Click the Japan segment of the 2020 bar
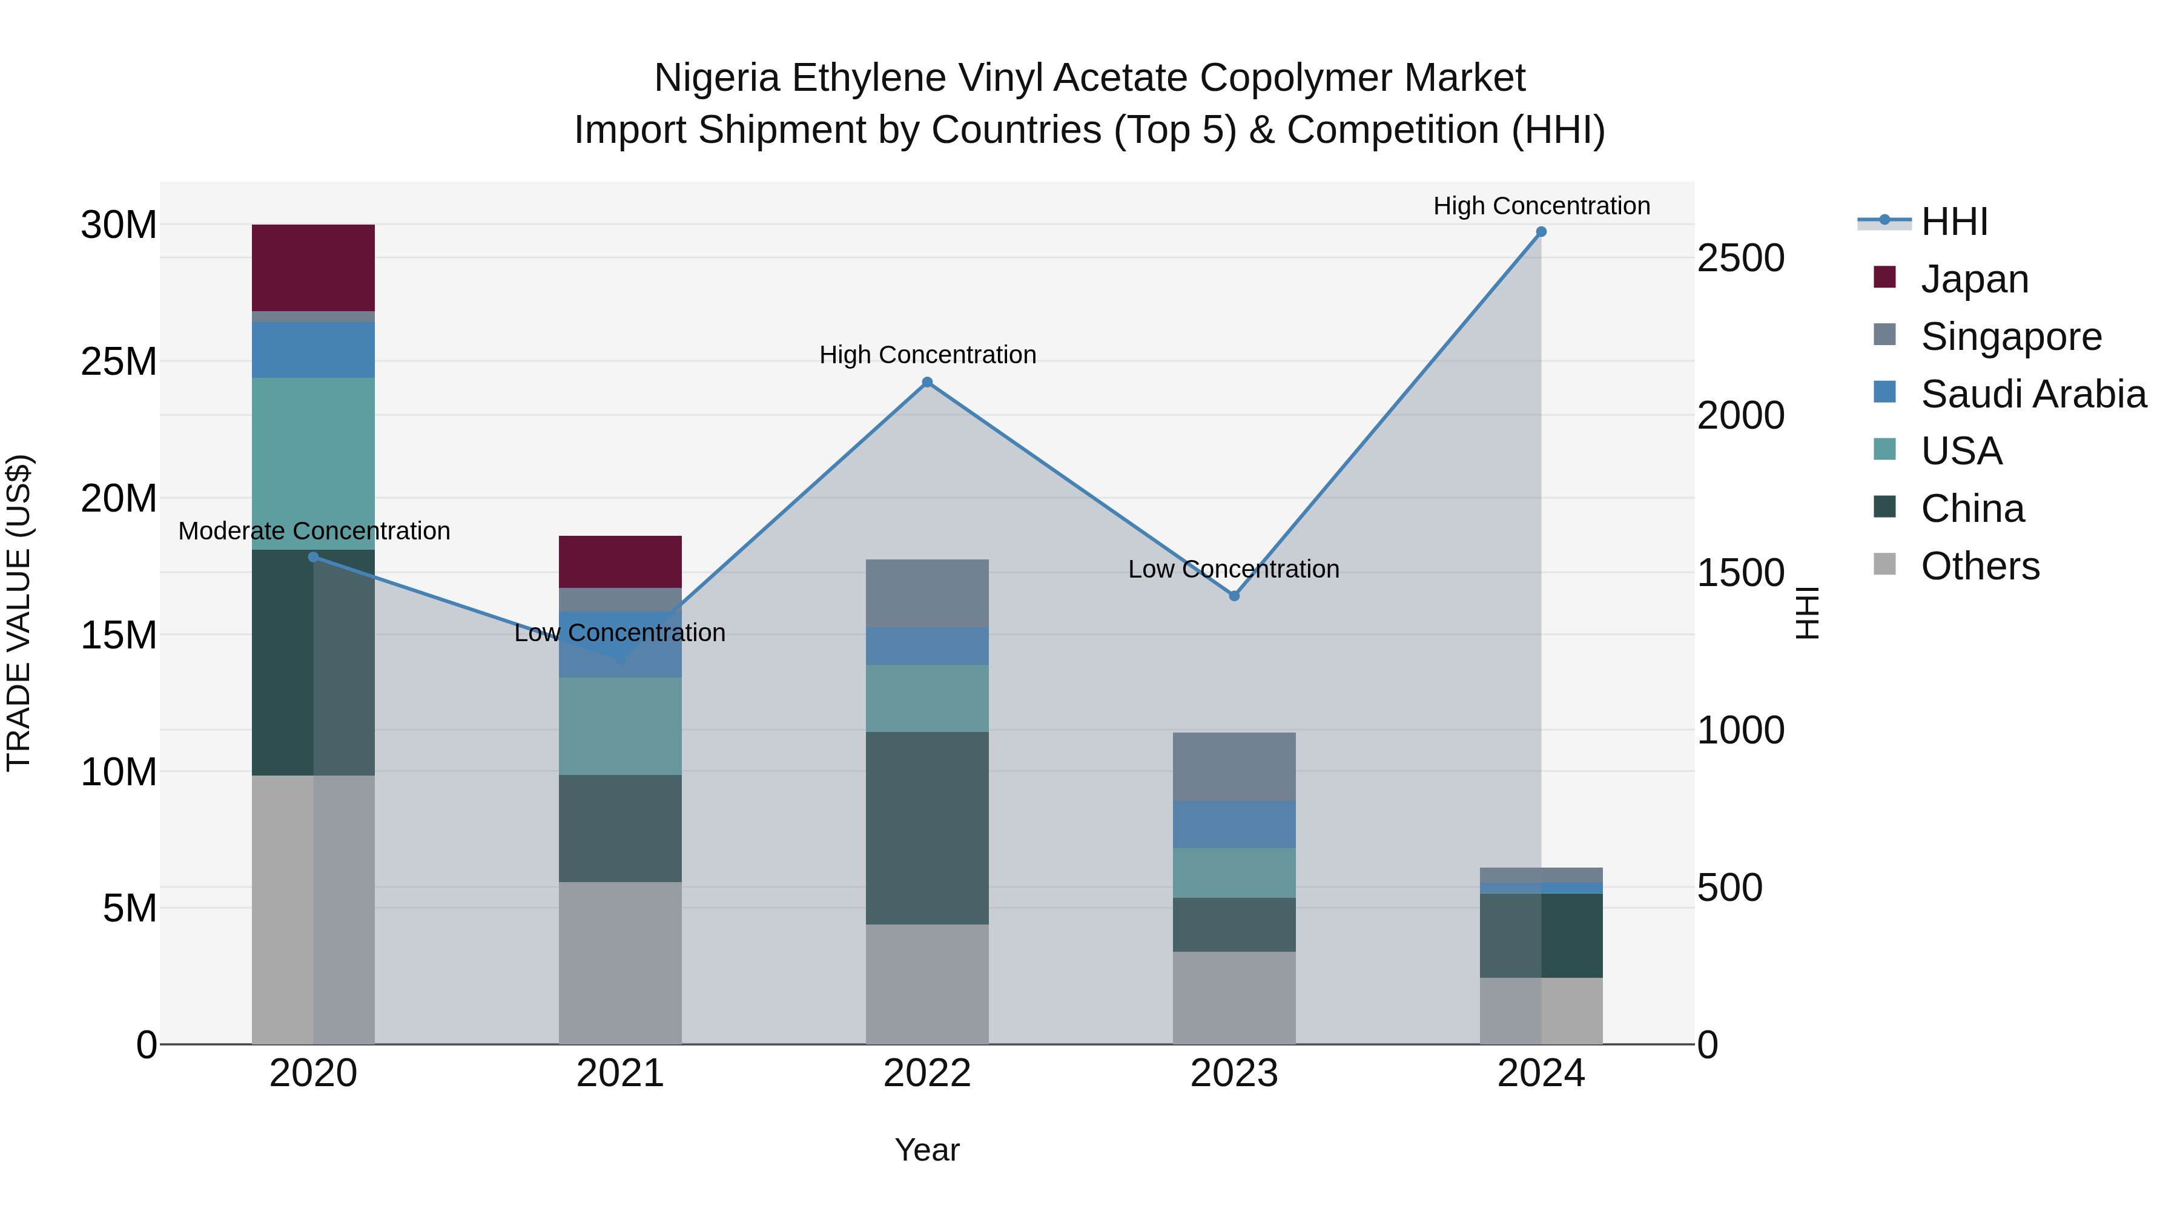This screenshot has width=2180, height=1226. point(313,268)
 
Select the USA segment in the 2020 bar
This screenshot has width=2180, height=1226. point(313,464)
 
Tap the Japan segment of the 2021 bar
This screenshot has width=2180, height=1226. point(619,561)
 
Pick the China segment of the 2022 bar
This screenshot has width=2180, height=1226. point(926,828)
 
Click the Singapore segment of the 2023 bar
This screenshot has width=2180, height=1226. point(1234,766)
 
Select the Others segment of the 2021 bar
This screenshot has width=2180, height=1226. point(619,963)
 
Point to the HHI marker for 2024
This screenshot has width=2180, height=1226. point(1541,232)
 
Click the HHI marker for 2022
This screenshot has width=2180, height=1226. point(926,383)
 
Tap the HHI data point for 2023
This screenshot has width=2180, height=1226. point(1234,596)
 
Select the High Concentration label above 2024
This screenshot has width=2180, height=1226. point(1541,206)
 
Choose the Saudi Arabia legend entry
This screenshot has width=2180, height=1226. point(2033,394)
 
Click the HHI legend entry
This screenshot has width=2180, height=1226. point(1953,222)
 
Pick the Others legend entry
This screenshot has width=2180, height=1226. point(1980,566)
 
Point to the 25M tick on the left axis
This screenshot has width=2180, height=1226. point(119,362)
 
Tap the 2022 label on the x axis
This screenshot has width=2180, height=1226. point(926,1073)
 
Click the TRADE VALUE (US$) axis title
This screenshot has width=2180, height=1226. point(19,613)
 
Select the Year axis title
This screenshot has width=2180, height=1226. point(926,1150)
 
